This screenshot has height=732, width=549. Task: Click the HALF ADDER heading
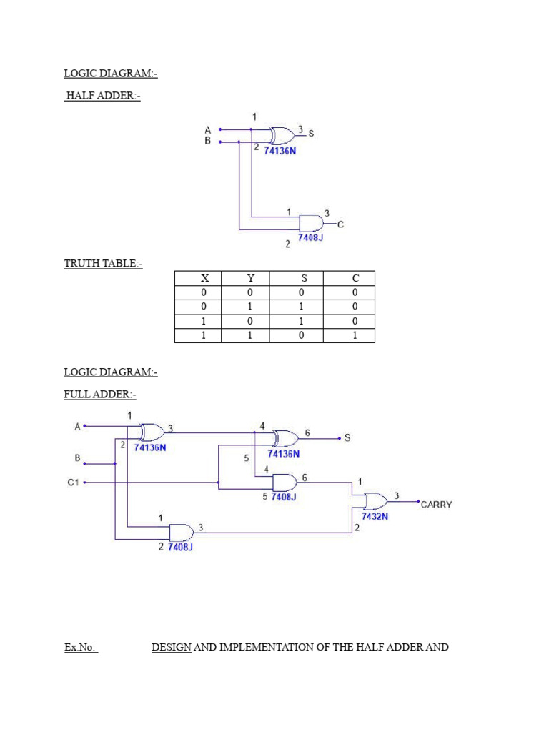coord(102,96)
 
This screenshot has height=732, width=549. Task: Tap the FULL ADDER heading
coord(99,395)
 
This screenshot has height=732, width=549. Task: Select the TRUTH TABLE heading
coord(103,264)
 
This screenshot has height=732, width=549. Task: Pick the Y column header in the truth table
coord(250,278)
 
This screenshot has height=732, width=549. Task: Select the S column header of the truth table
coord(301,278)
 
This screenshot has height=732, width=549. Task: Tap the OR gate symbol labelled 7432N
coord(375,500)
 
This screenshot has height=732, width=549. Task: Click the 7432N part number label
coord(375,516)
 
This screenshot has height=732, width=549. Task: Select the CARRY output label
coord(435,505)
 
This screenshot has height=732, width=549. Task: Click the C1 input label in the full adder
coord(73,483)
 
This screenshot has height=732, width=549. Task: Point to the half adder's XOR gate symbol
coord(282,135)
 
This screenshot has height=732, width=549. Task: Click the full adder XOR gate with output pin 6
coord(286,438)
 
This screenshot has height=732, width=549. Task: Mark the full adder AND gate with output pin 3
coord(181,533)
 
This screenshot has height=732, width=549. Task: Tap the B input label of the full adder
coord(77,457)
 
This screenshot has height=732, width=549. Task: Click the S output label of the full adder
coord(347,438)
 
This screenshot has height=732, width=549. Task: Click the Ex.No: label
coord(81,648)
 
